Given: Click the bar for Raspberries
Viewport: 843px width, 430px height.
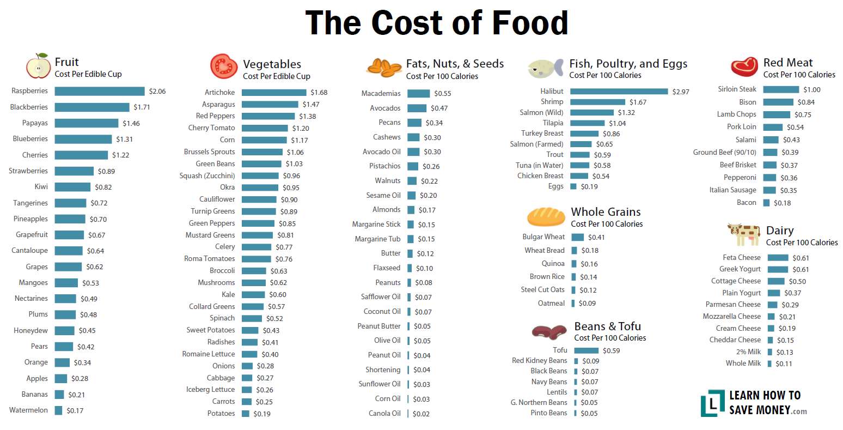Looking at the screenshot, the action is (100, 91).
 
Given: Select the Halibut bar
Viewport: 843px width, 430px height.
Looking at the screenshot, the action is (619, 92).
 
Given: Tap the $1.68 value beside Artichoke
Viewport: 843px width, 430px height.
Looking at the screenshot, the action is (319, 92).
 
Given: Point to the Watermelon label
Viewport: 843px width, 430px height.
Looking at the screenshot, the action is (29, 410).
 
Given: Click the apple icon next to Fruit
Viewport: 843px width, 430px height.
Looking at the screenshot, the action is (38, 66).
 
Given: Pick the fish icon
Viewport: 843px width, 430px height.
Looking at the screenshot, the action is (546, 68).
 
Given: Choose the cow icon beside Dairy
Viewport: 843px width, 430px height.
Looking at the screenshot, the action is (743, 234).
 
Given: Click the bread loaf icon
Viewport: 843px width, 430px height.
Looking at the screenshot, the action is (546, 217).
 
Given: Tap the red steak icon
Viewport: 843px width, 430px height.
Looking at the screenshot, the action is (744, 66).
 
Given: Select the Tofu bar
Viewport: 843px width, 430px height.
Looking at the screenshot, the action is (587, 350).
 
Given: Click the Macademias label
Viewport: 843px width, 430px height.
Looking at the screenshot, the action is (381, 93).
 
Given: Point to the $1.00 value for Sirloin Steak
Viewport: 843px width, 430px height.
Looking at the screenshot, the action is (812, 89).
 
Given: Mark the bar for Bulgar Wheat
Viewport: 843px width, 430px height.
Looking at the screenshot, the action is (578, 237).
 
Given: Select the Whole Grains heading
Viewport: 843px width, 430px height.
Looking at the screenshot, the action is (606, 211).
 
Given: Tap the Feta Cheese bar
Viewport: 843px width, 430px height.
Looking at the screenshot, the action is (778, 258).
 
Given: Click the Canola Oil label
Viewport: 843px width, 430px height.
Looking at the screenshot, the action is (384, 414).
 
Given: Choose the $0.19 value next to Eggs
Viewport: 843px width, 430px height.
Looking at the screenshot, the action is (589, 186).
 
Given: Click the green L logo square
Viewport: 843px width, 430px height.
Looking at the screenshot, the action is (712, 403).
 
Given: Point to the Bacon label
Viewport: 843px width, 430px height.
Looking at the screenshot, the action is (746, 203).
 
